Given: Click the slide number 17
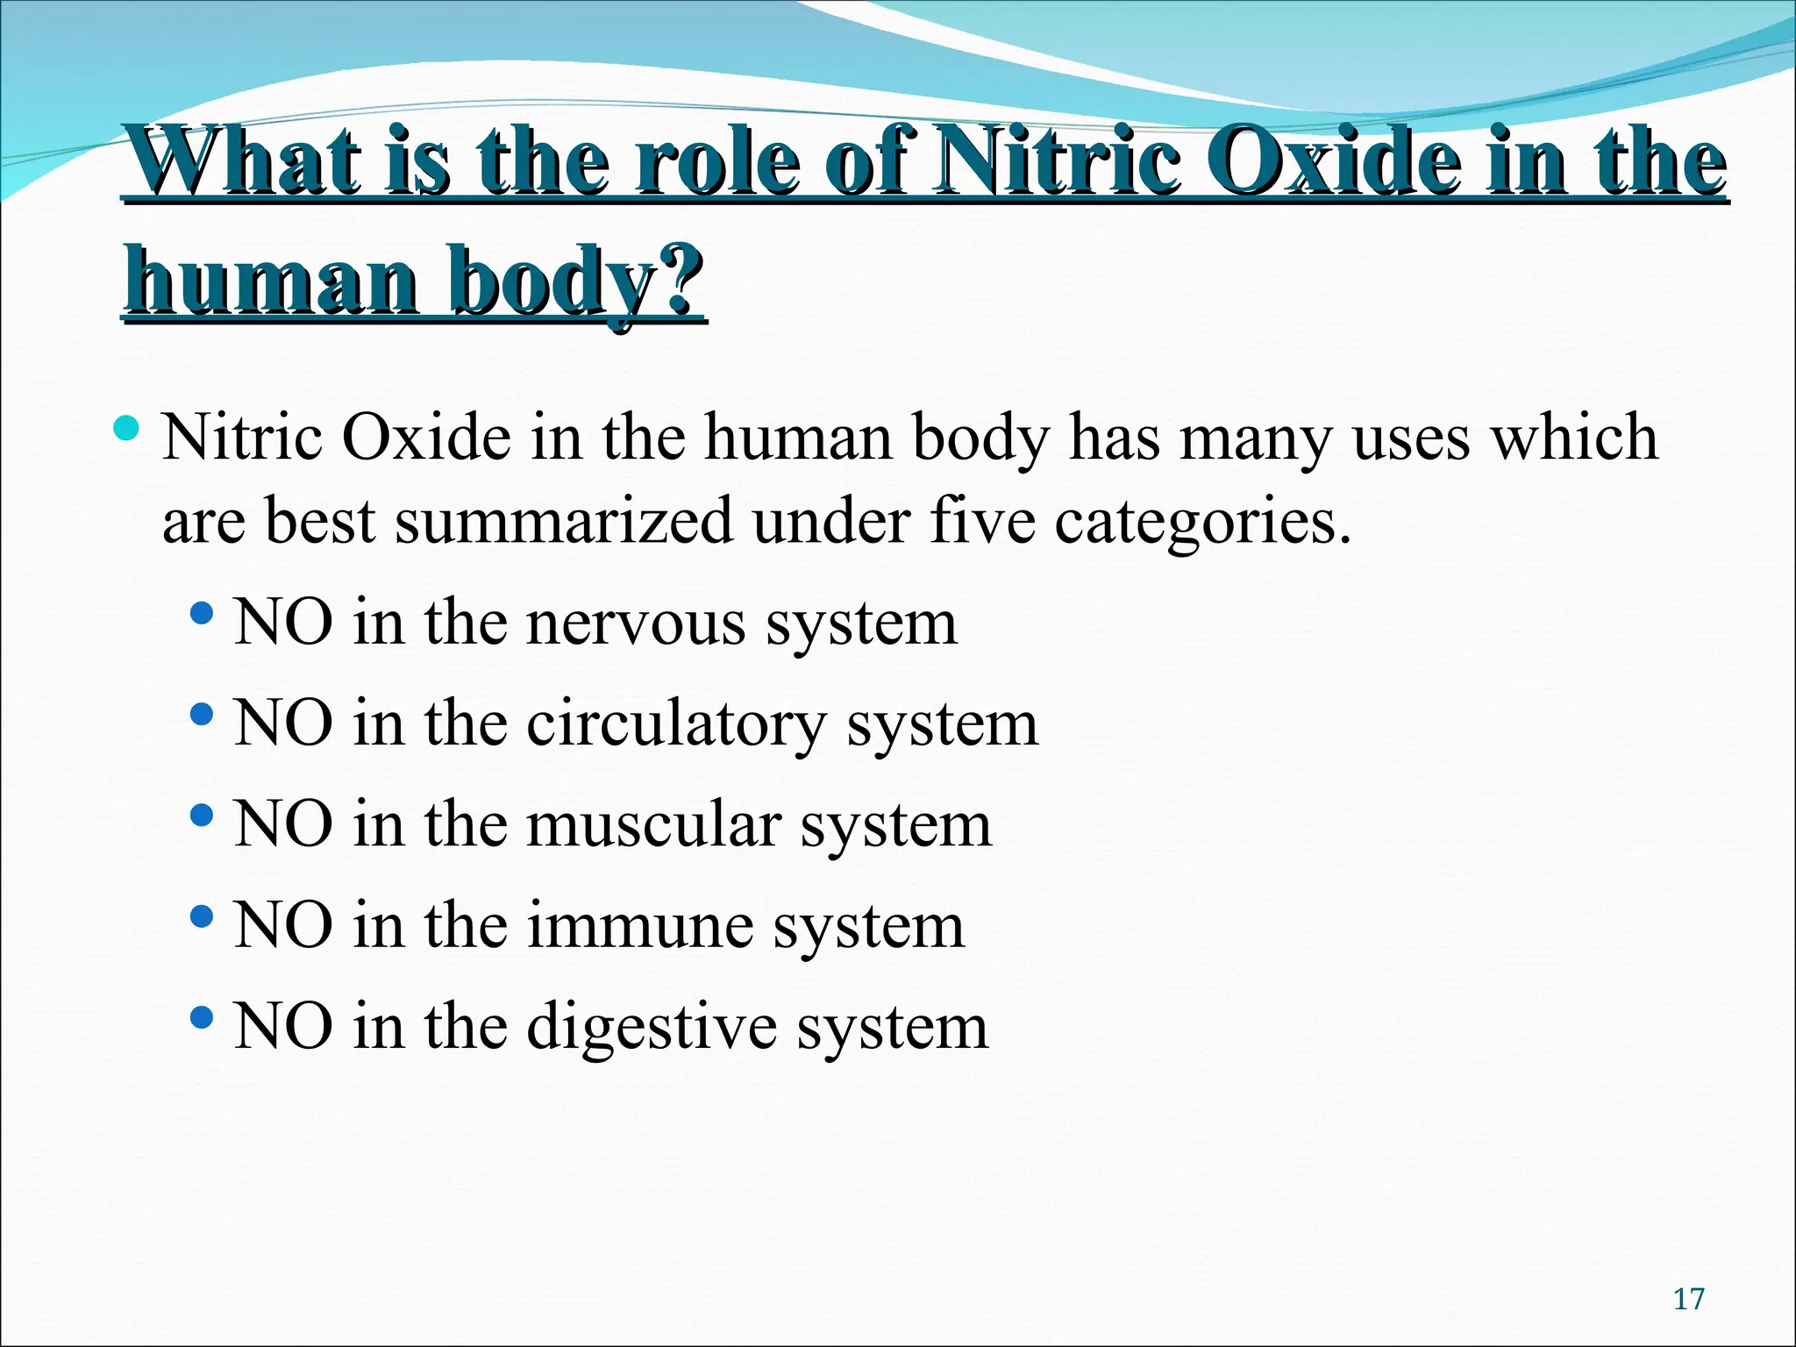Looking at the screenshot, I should coord(1688,1299).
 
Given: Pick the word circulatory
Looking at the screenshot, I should coord(676,725).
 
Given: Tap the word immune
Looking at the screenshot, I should coord(639,926).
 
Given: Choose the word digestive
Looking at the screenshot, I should coord(652,1027).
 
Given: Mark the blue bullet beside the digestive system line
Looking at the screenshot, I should coord(202,1017).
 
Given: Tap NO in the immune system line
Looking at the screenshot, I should coord(283,926).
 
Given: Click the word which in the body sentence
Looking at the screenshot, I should coord(1574,436).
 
